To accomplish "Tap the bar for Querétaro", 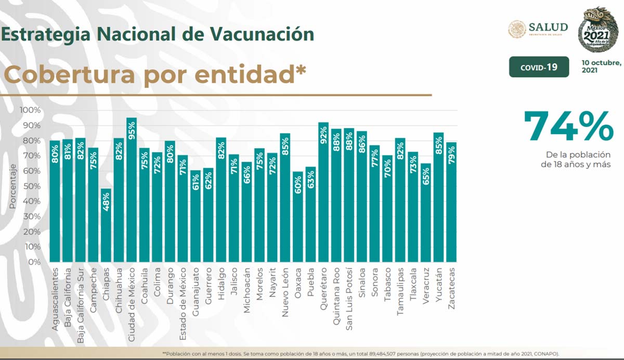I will (x=323, y=192).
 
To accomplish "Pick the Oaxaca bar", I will (x=298, y=218).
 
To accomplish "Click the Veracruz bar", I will (x=426, y=213).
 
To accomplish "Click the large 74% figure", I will (x=568, y=126).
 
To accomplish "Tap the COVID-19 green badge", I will (x=539, y=67).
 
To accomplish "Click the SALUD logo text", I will (x=548, y=27).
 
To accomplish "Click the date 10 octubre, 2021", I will (x=602, y=66).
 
